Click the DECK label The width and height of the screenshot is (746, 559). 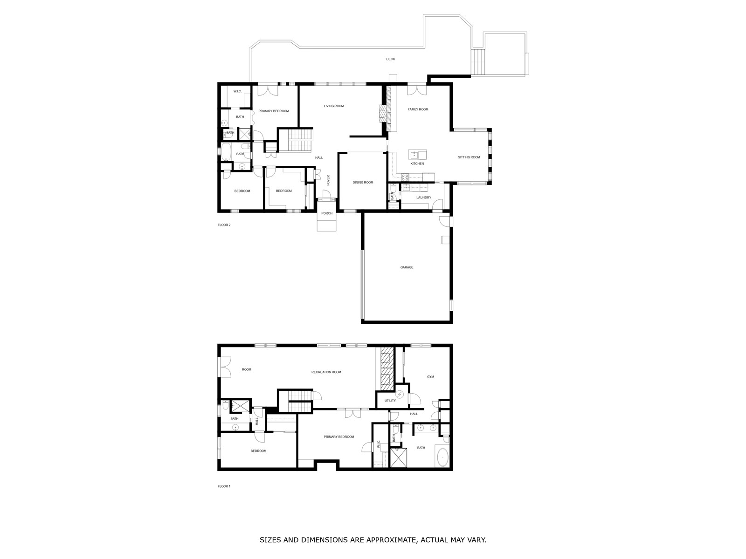coord(390,59)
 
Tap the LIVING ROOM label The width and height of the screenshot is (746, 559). coord(334,106)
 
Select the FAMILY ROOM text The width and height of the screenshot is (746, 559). coord(418,109)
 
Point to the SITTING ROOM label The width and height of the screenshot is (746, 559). coord(469,157)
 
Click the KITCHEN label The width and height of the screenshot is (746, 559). coord(417,164)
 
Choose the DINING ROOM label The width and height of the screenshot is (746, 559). coord(363,183)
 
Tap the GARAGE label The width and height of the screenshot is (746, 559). coord(407,267)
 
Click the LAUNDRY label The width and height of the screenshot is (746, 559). coord(424,198)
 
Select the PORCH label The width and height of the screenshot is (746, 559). coord(327,213)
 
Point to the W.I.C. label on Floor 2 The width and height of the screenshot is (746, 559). coord(237,91)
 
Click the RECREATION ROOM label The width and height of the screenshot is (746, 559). coord(326,372)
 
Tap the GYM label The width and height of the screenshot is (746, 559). coord(430,377)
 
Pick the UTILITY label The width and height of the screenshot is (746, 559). coord(390,401)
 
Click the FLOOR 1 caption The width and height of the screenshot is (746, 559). coord(224,486)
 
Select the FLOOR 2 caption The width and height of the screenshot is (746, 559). coord(224,225)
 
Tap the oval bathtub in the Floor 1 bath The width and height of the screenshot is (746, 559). coord(442,456)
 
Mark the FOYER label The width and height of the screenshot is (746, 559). coord(328,180)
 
